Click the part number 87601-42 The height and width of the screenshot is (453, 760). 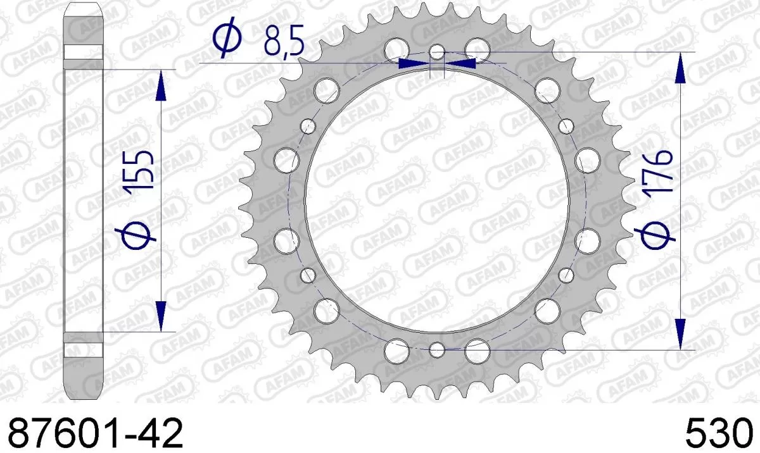pos(93,434)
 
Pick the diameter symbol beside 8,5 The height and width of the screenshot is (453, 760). pos(227,39)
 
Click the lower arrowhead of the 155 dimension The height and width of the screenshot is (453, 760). pos(161,316)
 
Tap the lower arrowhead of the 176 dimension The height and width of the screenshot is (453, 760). pos(680,334)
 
